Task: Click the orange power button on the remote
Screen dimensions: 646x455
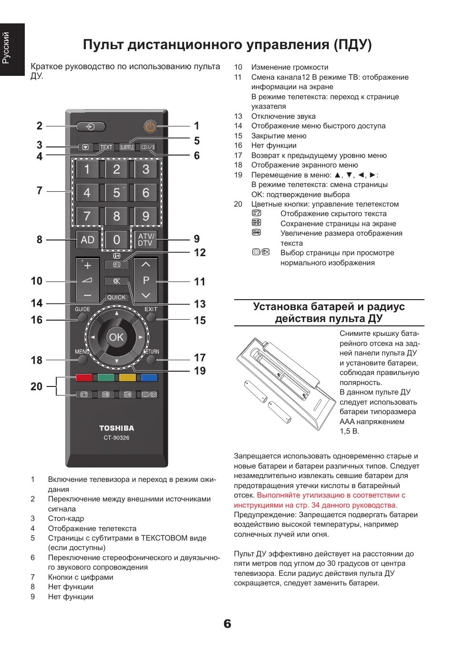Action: point(150,126)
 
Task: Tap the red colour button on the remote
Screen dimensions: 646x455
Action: point(84,378)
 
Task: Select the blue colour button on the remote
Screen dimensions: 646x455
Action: point(149,378)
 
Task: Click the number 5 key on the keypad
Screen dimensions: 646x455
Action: point(116,193)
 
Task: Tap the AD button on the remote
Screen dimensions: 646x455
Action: point(87,240)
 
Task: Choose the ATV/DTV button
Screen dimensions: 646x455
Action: point(145,240)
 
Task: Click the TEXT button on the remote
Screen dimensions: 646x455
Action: point(106,147)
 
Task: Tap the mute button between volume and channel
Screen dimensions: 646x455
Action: point(116,281)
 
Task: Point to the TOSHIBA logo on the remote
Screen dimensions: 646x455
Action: point(116,428)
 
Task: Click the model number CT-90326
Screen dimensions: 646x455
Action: point(116,438)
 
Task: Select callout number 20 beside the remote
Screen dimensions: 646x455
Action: point(36,386)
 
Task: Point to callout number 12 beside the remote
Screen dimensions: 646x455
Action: point(200,252)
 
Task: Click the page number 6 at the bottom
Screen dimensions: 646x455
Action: point(227,624)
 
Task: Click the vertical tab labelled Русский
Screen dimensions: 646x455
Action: point(6,48)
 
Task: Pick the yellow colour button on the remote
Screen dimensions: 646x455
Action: point(127,378)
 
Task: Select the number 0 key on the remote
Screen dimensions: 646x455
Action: point(116,240)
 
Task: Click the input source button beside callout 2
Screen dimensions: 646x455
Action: point(91,126)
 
